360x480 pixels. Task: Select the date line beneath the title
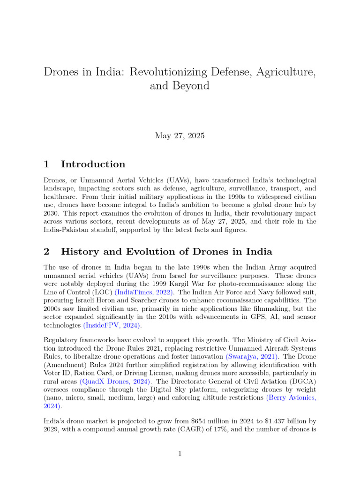(x=180, y=136)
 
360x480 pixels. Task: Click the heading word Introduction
(x=93, y=164)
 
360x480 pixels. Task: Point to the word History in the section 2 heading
(x=79, y=252)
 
